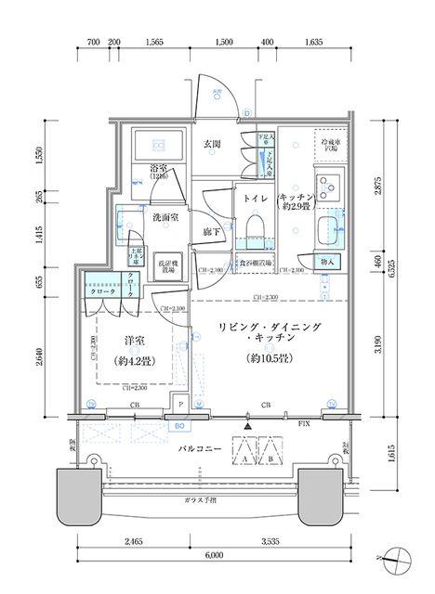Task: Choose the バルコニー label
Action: (x=200, y=448)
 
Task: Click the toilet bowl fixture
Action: (x=256, y=226)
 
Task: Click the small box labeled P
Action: (x=179, y=404)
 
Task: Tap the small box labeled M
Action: (x=198, y=404)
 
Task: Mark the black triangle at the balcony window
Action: (x=245, y=426)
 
